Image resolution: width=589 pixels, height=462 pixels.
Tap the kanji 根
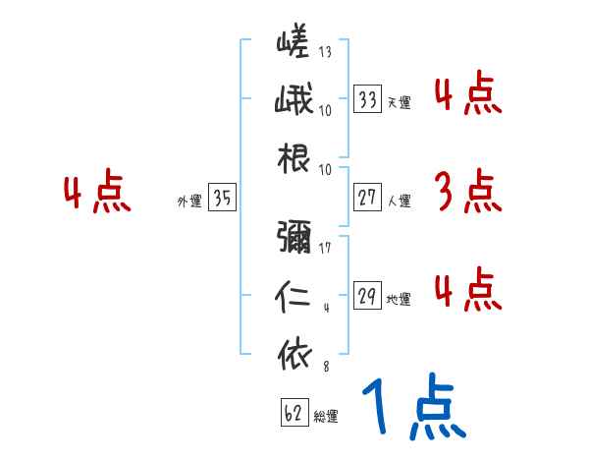click(293, 160)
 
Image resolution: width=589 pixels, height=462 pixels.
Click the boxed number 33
click(368, 99)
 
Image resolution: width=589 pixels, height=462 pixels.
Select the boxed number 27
click(368, 198)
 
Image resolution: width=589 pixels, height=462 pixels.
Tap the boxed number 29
click(368, 296)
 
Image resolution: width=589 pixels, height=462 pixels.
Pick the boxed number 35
click(222, 198)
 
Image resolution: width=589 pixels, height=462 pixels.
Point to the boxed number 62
click(291, 414)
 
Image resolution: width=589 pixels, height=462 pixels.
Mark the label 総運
click(325, 417)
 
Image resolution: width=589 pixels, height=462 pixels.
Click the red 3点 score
click(467, 192)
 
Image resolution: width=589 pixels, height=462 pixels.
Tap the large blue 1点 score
click(412, 408)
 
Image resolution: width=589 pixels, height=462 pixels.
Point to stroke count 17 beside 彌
click(325, 247)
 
